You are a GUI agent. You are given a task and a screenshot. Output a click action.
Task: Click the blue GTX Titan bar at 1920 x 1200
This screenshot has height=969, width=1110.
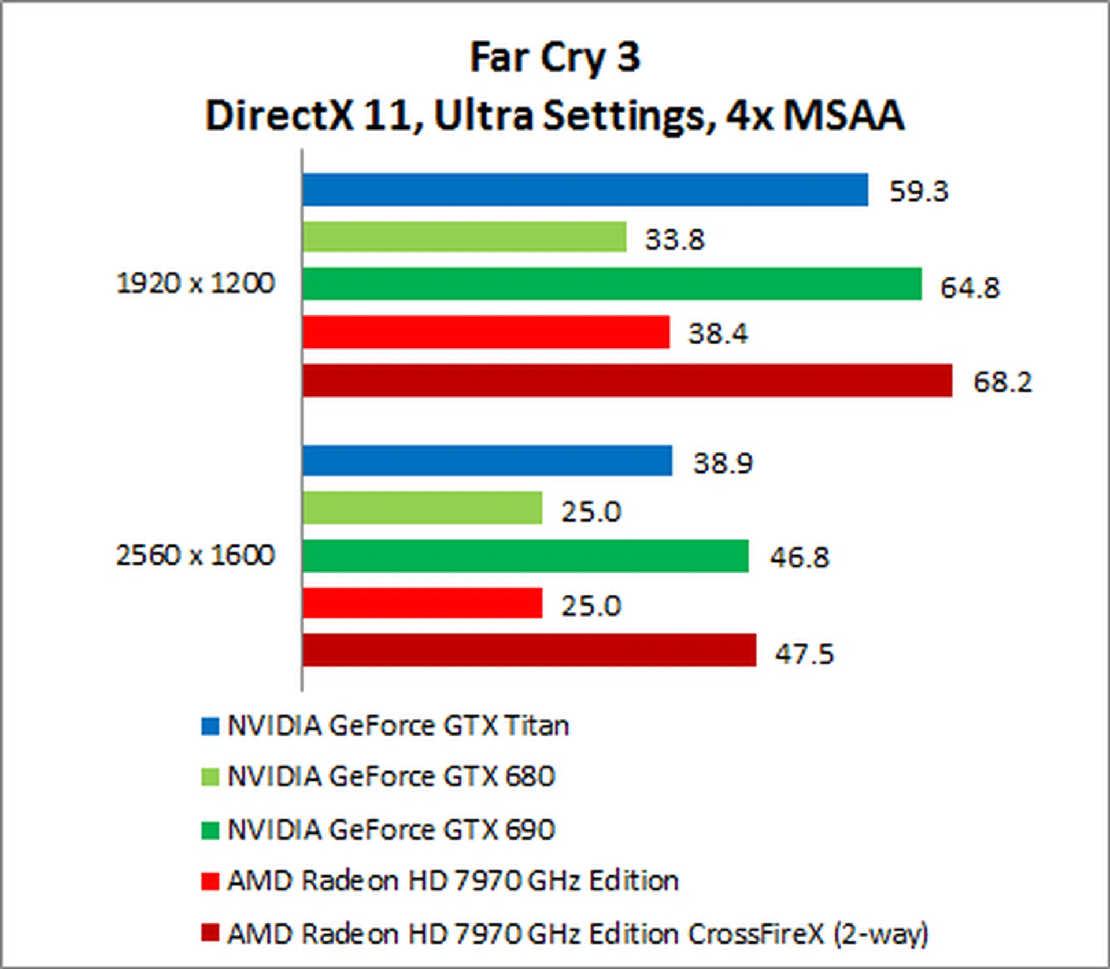(x=585, y=190)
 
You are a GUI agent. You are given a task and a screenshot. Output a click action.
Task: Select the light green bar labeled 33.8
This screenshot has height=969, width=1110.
(x=464, y=237)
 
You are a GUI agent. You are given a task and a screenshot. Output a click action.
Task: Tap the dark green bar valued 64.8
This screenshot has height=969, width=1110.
(x=612, y=284)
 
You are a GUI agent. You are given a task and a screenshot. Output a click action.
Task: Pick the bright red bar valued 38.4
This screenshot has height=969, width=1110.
(x=486, y=332)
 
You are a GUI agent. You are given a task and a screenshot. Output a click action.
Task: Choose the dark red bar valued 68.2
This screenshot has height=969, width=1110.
(x=627, y=380)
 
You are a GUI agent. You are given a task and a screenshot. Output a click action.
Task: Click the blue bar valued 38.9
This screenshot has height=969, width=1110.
(x=487, y=461)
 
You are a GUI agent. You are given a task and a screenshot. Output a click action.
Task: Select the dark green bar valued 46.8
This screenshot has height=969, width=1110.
(x=525, y=556)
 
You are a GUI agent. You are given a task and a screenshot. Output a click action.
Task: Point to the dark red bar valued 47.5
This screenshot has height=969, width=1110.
(x=529, y=650)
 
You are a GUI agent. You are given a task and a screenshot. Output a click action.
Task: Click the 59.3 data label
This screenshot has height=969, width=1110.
(x=919, y=191)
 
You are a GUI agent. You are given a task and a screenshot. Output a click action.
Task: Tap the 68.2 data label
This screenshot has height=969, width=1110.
(x=1002, y=382)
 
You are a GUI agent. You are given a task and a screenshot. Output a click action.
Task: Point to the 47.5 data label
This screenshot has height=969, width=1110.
(x=804, y=654)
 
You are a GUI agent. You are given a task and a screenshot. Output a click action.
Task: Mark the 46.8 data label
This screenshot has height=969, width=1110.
(x=799, y=558)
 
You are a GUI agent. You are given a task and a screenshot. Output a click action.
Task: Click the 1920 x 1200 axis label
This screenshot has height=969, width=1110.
(x=195, y=283)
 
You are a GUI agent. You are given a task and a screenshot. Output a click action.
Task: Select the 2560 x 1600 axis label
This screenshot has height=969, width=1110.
(x=195, y=555)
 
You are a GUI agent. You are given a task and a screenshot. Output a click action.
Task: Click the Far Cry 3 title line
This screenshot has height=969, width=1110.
(x=555, y=58)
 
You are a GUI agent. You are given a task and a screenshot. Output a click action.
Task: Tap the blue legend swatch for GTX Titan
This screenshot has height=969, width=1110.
(x=210, y=726)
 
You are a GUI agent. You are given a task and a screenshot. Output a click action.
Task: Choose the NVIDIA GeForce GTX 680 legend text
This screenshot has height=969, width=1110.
(x=391, y=776)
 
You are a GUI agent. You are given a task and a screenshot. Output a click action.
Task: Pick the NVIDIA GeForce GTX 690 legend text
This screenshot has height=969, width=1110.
(x=391, y=829)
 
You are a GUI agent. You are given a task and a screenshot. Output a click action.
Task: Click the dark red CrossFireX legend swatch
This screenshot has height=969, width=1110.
(x=210, y=933)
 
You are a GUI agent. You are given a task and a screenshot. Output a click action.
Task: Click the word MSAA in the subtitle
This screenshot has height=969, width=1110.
(x=843, y=116)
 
